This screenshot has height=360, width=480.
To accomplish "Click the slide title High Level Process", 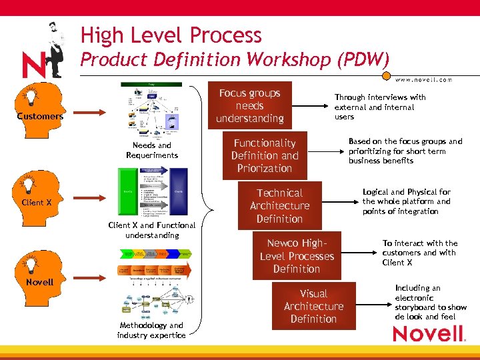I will [171, 35].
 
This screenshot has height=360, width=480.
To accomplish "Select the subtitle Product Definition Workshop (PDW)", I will [234, 59].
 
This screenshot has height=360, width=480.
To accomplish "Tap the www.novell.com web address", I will [423, 79].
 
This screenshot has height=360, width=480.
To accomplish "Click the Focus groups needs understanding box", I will [249, 105].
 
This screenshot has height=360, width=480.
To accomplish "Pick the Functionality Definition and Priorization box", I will [264, 155].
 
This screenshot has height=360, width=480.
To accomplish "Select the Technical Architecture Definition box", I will [279, 206].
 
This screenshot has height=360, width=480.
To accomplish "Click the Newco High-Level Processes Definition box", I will [297, 256].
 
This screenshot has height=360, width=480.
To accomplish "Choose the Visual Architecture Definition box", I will [313, 306].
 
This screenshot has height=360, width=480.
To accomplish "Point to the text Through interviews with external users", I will [380, 107].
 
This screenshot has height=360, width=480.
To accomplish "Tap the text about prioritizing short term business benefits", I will [405, 151].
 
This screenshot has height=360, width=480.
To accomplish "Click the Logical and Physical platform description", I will [406, 201].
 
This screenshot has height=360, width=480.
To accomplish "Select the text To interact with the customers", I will [419, 253].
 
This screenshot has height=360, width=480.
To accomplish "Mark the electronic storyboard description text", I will [430, 302].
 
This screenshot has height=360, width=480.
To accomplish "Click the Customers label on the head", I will [40, 116].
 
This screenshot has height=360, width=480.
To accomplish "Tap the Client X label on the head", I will [36, 202].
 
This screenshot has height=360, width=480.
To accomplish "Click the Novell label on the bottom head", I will [39, 282].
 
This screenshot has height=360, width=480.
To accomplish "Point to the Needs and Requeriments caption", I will [152, 150].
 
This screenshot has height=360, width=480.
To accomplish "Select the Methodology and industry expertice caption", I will [151, 330].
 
